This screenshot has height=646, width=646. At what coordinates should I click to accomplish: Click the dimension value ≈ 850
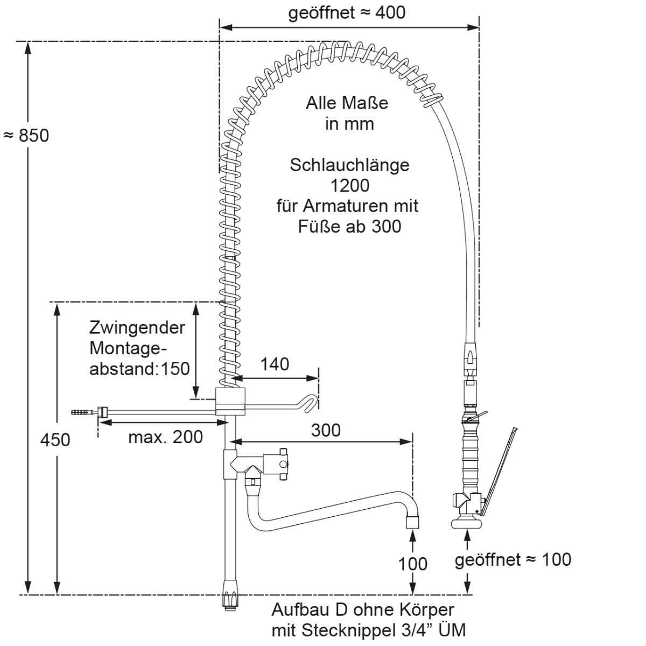click(x=26, y=136)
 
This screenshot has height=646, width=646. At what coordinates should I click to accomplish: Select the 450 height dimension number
click(x=55, y=440)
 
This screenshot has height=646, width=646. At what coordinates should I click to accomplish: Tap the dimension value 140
click(x=275, y=364)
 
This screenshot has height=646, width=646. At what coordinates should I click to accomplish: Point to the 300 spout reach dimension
click(x=326, y=430)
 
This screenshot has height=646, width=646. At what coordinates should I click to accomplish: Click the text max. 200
click(x=166, y=437)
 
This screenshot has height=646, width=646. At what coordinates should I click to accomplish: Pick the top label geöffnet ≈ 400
click(x=347, y=13)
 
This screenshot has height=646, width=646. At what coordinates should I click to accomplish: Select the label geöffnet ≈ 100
click(x=513, y=559)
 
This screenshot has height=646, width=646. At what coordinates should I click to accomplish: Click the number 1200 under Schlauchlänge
click(x=350, y=185)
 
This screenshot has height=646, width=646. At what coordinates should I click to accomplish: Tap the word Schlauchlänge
click(x=350, y=165)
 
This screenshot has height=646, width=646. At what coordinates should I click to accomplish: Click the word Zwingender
click(x=137, y=327)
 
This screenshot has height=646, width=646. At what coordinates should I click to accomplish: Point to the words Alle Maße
click(x=347, y=103)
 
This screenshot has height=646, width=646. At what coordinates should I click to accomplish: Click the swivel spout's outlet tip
click(x=413, y=523)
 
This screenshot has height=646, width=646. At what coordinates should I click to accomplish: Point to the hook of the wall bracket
click(x=306, y=402)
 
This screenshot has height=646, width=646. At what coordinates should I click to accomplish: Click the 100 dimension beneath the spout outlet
click(x=413, y=564)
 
